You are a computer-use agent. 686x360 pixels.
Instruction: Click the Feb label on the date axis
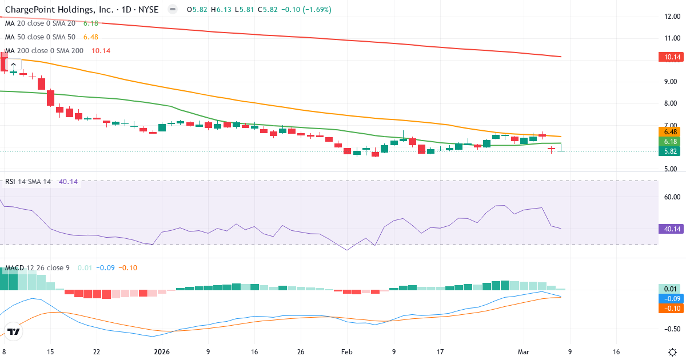pyautogui.click(x=347, y=352)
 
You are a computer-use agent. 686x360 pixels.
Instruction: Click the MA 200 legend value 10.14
pyautogui.click(x=101, y=50)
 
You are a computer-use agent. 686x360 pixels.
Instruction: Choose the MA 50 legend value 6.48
pyautogui.click(x=91, y=37)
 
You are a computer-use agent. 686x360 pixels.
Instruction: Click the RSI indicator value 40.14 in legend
pyautogui.click(x=69, y=182)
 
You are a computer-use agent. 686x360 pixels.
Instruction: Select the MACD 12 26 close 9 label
pyautogui.click(x=37, y=267)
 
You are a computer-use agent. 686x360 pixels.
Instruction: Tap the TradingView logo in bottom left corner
pyautogui.click(x=14, y=331)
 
